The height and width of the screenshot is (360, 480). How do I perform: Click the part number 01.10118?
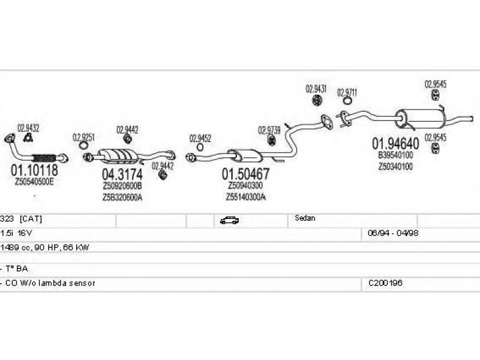[34, 170]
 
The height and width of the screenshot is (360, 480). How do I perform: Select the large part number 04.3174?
[122, 175]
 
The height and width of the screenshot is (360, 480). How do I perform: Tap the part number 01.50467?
[246, 175]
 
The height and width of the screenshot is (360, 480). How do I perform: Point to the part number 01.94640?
[395, 144]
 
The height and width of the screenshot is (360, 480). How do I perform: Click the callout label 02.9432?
[28, 127]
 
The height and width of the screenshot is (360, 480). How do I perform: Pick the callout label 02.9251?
[83, 137]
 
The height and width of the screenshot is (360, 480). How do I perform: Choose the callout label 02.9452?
[200, 138]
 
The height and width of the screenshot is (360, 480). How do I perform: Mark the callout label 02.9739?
[269, 130]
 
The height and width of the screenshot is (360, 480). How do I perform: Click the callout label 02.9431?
[316, 89]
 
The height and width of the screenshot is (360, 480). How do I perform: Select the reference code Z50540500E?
[34, 181]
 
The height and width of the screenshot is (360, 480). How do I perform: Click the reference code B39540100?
[395, 155]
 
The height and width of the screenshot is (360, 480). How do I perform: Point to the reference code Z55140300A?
[246, 197]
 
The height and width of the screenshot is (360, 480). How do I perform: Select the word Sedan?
[305, 219]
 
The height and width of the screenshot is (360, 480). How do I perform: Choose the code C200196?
[385, 282]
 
